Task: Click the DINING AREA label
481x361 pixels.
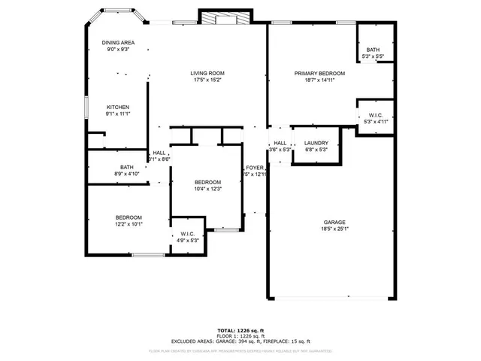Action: point(118,43)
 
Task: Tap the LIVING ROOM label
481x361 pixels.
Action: point(207,73)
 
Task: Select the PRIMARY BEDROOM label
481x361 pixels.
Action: point(319,73)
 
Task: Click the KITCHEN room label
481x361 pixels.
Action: point(118,107)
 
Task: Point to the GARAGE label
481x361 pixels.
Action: point(334,223)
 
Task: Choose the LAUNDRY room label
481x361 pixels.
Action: point(316,143)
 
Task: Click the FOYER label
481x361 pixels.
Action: point(254,167)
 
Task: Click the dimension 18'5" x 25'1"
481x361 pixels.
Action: point(334,229)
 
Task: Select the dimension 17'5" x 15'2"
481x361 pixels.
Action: point(207,80)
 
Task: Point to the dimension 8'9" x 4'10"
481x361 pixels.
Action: point(126,174)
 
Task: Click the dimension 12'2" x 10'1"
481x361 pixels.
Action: point(129,223)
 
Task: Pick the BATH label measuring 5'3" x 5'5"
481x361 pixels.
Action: point(374,50)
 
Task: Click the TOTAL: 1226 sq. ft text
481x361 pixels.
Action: point(240,330)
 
